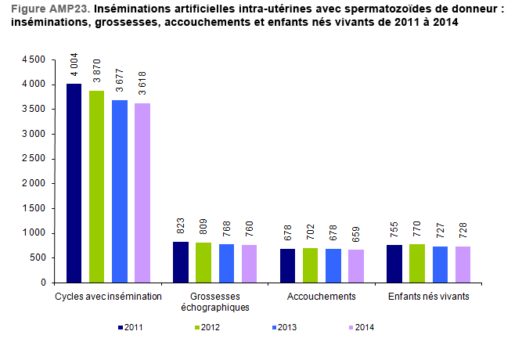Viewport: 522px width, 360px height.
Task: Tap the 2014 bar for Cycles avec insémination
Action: tap(142, 193)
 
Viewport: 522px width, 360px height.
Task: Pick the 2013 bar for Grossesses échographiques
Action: tap(226, 263)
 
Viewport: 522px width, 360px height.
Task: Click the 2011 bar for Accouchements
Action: tap(287, 265)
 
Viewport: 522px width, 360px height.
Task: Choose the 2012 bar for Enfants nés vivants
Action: tap(416, 263)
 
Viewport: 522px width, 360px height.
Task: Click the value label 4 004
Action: tap(74, 63)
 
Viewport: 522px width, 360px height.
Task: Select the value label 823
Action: tap(181, 225)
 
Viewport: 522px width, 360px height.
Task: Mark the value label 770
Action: tap(417, 229)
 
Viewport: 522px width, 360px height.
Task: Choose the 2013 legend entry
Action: tap(283, 327)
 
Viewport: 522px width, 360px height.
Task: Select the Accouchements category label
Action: tap(322, 297)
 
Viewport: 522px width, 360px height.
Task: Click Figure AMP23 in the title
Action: tap(49, 9)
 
